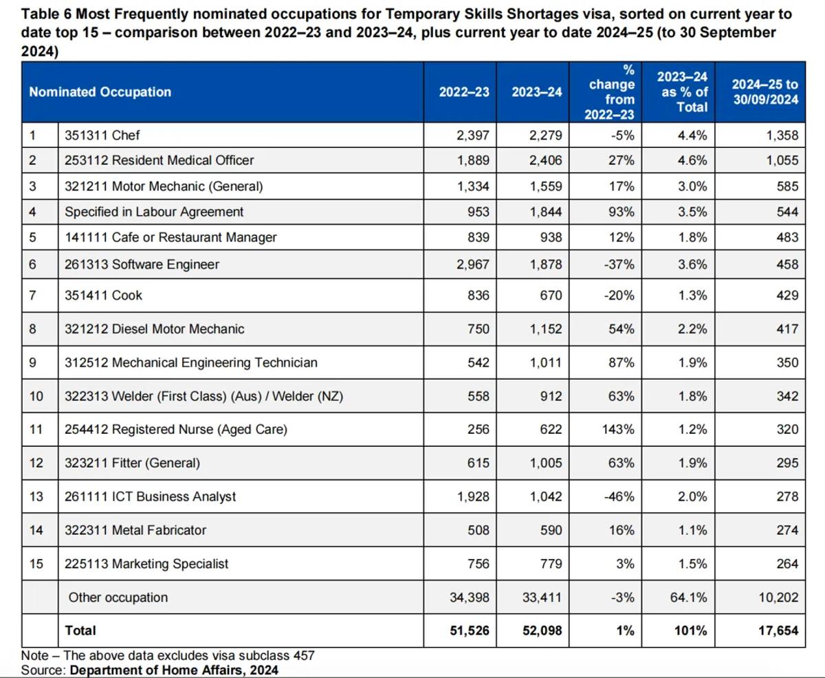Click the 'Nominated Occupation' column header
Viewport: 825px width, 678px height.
pos(100,92)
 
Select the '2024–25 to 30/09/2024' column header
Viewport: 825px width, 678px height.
pos(765,92)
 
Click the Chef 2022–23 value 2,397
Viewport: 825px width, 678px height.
pos(473,135)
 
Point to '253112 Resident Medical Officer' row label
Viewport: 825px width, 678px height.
pos(159,160)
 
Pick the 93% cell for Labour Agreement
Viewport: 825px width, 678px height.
pos(621,212)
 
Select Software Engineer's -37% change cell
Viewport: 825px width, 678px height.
pos(619,265)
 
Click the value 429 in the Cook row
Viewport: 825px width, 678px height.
pos(787,295)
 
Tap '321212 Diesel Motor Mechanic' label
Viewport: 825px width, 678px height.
pos(155,329)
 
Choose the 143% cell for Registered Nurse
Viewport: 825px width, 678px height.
pos(618,430)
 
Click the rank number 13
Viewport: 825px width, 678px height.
pos(36,496)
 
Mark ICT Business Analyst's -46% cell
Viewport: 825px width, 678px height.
pos(619,496)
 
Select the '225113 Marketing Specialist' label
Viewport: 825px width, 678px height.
pos(146,564)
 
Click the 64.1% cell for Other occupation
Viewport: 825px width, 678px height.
pos(688,598)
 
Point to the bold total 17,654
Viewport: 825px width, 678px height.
pos(778,631)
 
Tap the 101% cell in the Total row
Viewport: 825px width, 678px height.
pos(691,631)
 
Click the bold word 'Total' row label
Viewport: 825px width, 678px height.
pos(80,631)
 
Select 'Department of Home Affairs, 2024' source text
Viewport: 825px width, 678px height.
pos(174,670)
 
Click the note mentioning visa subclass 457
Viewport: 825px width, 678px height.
pos(168,655)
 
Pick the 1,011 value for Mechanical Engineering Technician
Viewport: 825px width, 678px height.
pos(546,362)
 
